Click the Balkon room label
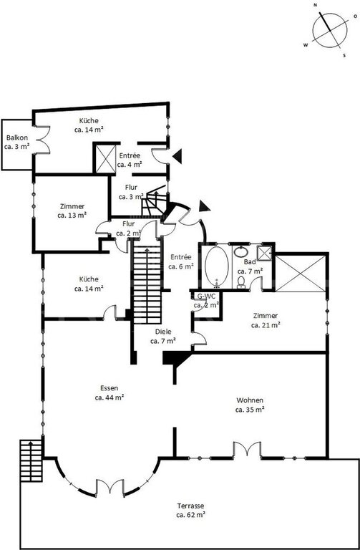16,143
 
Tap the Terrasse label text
190,511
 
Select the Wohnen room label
250,405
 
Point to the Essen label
110,393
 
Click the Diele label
163,336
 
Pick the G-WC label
207,301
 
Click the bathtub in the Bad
217,266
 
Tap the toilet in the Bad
241,282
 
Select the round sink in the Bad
241,251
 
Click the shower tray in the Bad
265,252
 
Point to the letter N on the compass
315,5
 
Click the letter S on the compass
344,55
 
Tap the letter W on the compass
306,45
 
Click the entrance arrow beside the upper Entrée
177,156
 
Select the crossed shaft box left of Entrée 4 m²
105,158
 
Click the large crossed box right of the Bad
301,273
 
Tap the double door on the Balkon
43,139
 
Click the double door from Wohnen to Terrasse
247,449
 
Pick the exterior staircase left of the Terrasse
31,460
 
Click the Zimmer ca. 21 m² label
266,321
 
